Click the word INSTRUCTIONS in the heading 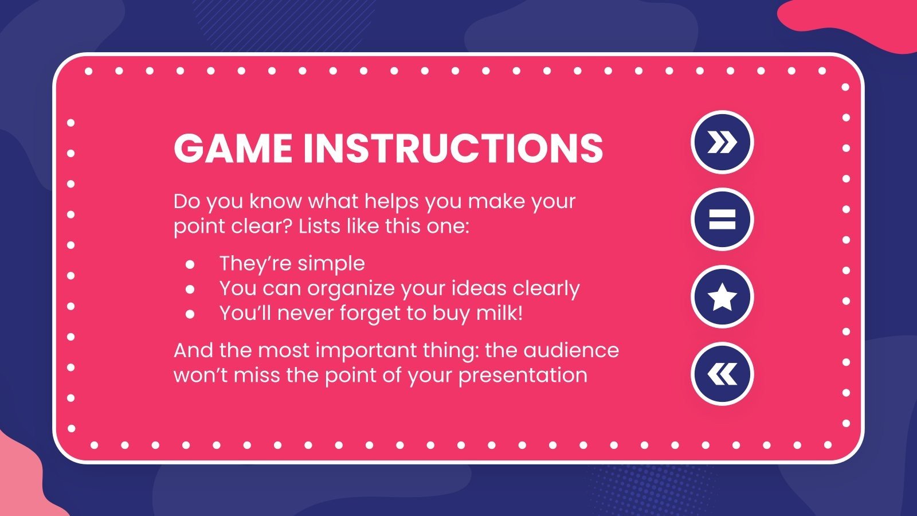point(453,148)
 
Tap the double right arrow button point(722,142)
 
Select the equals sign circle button point(722,220)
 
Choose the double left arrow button point(722,374)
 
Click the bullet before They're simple point(190,264)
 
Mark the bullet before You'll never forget point(190,314)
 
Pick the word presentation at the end point(523,376)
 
